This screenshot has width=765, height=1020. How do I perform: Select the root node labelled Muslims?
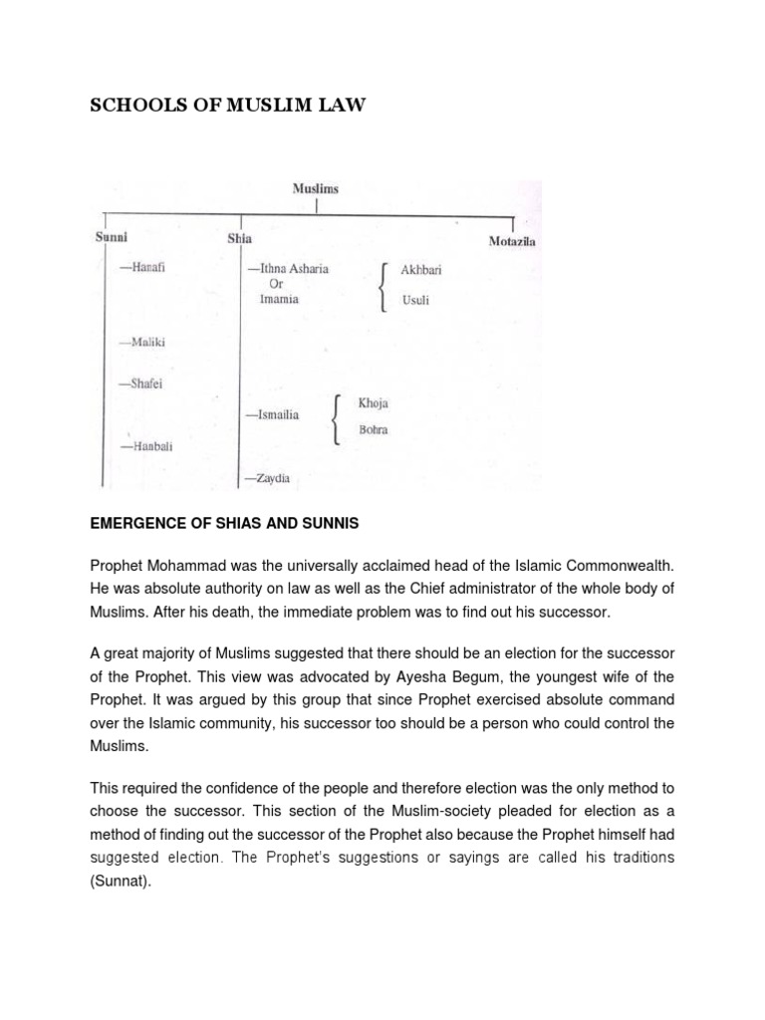tap(315, 187)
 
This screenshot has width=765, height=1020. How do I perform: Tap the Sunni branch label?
tap(112, 238)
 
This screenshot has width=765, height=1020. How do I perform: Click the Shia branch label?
tap(239, 238)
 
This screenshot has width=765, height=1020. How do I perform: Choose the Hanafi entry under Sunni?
tap(141, 268)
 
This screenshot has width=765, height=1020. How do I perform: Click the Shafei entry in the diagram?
tap(141, 382)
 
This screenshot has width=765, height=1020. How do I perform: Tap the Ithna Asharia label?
tap(288, 269)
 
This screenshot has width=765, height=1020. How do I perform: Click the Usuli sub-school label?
tap(414, 300)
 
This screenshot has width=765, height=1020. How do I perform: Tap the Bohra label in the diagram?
tap(374, 430)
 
